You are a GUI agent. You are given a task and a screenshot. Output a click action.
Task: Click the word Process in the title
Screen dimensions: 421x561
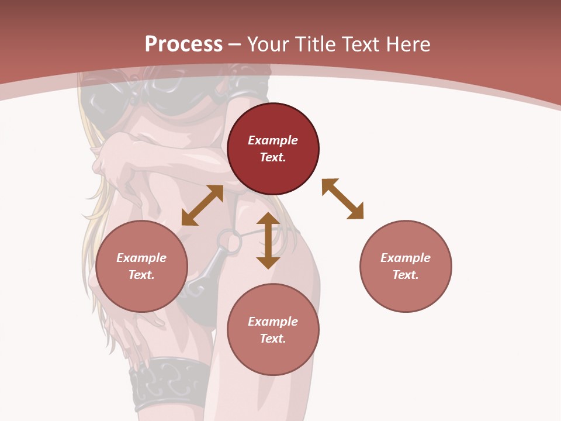coord(183,44)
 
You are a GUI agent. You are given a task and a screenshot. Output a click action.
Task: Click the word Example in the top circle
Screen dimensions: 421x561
coord(273,140)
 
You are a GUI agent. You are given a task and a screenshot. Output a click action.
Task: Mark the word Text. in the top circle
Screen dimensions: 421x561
coord(273,157)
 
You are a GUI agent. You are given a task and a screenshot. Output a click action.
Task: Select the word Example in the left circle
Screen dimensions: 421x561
coord(141,258)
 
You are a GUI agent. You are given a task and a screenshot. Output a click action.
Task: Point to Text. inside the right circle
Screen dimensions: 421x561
coord(406,275)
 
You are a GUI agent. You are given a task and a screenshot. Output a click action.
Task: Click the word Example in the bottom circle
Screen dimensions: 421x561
coord(273,322)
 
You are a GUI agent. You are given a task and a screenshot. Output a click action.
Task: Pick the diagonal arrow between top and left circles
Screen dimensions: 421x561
coord(202,205)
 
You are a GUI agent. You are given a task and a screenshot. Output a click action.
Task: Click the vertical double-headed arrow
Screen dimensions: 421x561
coord(268,240)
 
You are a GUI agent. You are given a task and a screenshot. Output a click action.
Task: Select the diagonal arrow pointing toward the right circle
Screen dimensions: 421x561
coord(342,199)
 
